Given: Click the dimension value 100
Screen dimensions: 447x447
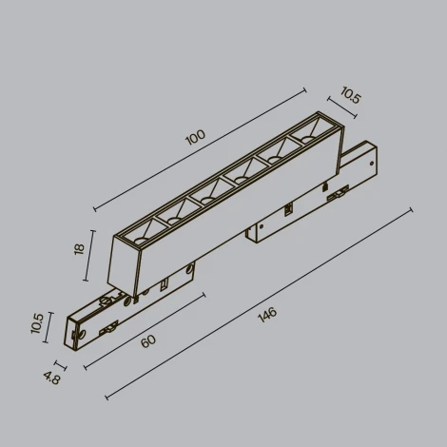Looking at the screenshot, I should tap(195, 137).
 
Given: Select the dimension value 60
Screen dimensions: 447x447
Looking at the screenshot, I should tap(148, 340).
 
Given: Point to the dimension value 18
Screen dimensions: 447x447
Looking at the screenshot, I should tap(80, 248).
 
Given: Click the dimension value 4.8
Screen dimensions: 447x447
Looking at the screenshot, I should tap(49, 377).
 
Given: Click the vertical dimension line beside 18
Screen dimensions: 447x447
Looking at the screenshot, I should tap(91, 254).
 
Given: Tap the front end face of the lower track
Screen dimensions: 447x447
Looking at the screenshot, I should tap(72, 334).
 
